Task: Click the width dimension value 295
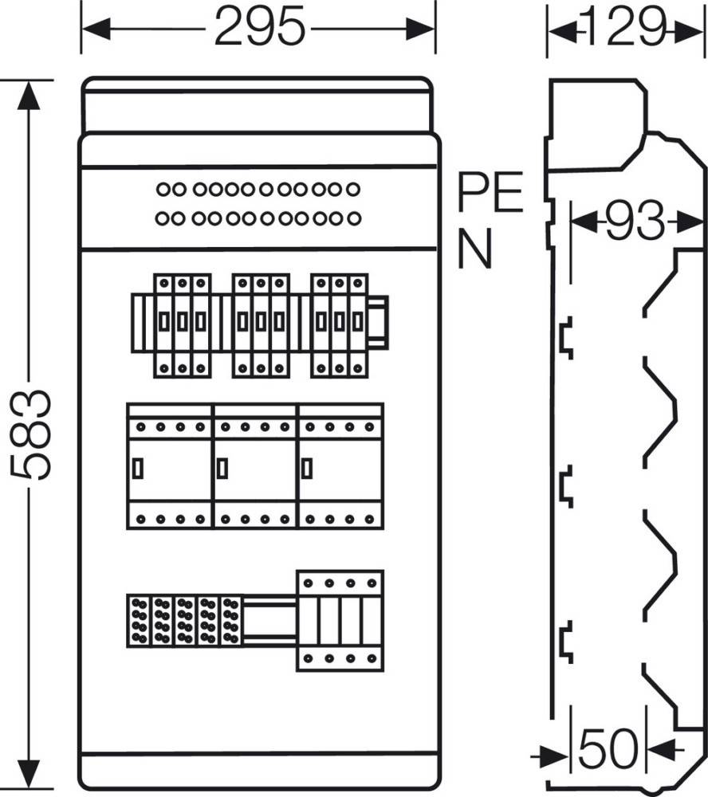pyautogui.click(x=260, y=26)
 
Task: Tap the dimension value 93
pyautogui.click(x=635, y=221)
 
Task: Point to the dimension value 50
pyautogui.click(x=608, y=748)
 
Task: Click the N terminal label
pyautogui.click(x=475, y=248)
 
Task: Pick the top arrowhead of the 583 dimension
pyautogui.click(x=29, y=95)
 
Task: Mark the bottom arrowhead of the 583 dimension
pyautogui.click(x=29, y=774)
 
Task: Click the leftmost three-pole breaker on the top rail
pyautogui.click(x=182, y=326)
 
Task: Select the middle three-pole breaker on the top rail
pyautogui.click(x=261, y=326)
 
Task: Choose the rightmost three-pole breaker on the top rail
pyautogui.click(x=340, y=326)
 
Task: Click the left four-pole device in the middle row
pyautogui.click(x=169, y=466)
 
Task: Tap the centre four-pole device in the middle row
pyautogui.click(x=255, y=466)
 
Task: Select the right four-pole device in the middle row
pyautogui.click(x=340, y=466)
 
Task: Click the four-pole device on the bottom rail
pyautogui.click(x=340, y=621)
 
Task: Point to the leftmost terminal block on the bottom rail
pyautogui.click(x=139, y=621)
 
